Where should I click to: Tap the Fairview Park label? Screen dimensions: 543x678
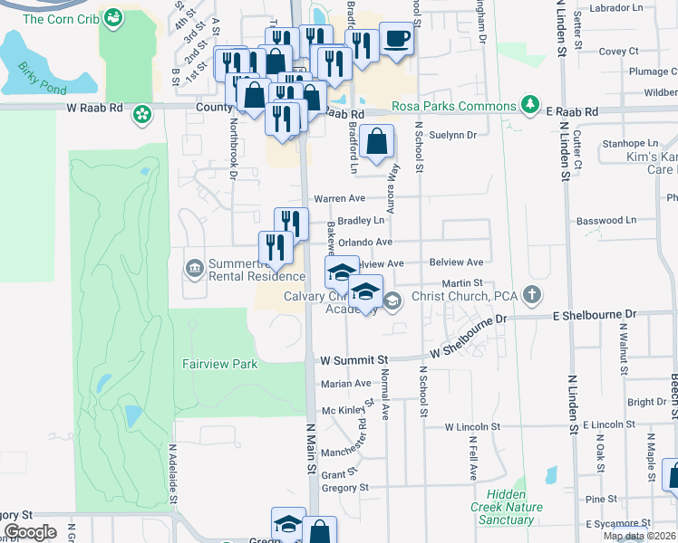point(219,364)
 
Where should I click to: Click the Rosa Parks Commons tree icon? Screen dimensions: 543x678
point(531,105)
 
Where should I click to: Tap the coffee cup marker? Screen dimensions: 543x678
point(396,40)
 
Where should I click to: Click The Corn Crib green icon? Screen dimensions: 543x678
point(113,17)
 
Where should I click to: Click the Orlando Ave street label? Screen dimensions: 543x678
point(365,243)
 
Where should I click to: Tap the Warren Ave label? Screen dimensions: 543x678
point(338,198)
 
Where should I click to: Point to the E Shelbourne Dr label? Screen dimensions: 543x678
point(595,314)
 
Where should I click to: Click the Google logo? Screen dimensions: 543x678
point(30,532)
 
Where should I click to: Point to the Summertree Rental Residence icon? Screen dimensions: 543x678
point(193,268)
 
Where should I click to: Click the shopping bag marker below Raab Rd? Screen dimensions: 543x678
point(376,142)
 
